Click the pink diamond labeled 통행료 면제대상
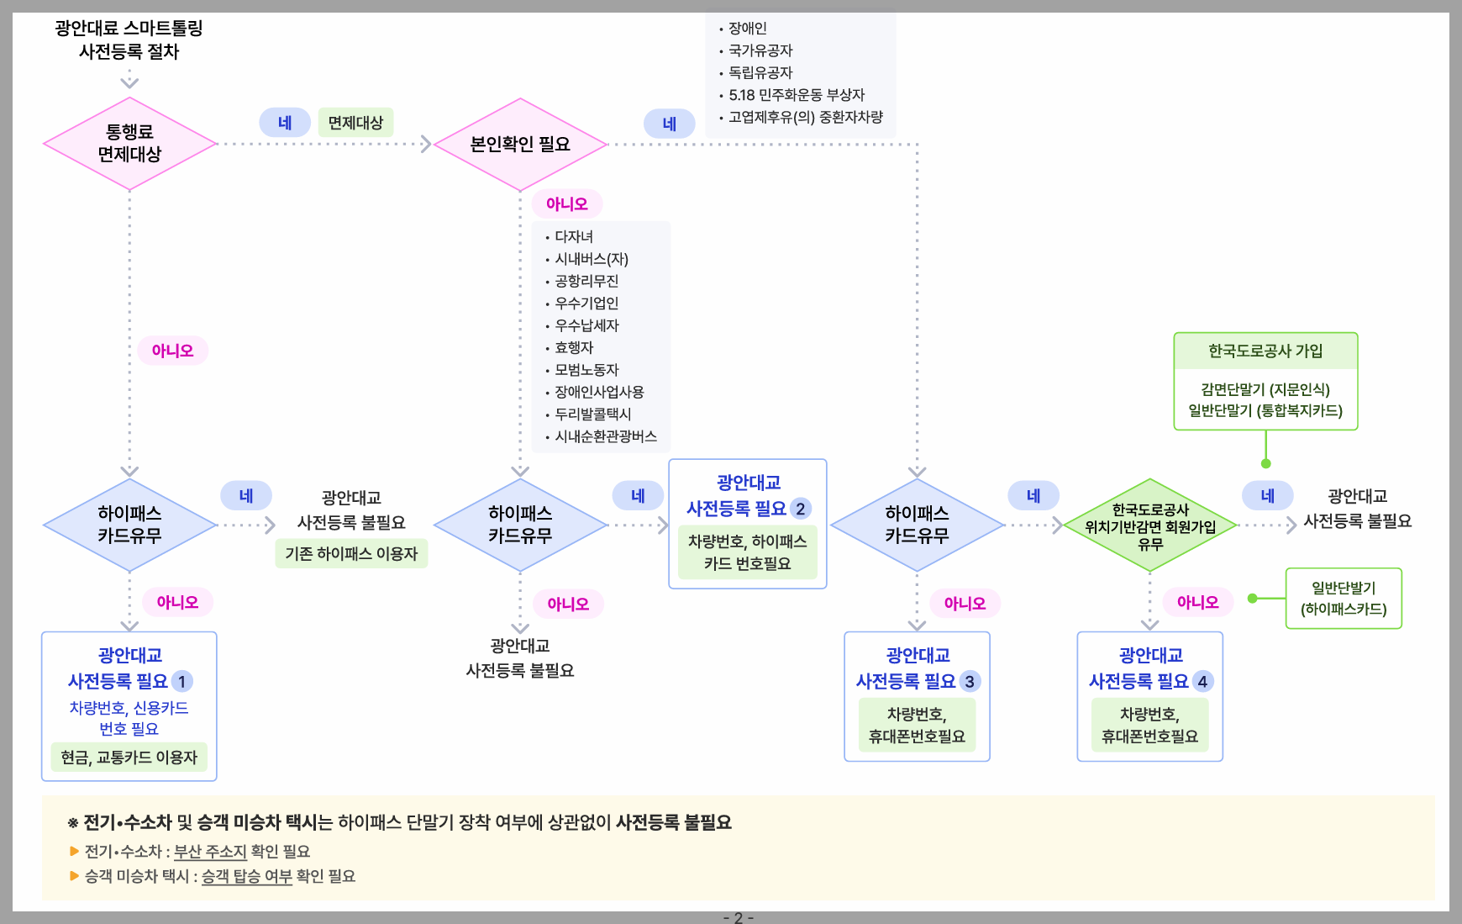pos(129,144)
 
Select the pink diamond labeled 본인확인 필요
pos(520,145)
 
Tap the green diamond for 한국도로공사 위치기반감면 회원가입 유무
pos(1150,526)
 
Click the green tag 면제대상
pos(355,123)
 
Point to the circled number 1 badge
pos(181,681)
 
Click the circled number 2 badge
pos(801,509)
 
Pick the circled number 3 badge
pos(970,681)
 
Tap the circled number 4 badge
pos(1202,681)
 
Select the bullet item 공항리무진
pos(586,281)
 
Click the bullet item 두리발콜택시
pos(592,414)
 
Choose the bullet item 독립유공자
pos(760,72)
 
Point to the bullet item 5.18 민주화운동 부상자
pos(796,95)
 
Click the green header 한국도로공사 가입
pos(1265,351)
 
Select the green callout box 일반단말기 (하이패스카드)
pos(1344,599)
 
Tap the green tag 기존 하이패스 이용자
pos(351,553)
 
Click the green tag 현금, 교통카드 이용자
pos(129,757)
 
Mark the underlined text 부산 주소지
pos(210,851)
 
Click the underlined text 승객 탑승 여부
pos(247,876)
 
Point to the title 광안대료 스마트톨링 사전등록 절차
pos(129,40)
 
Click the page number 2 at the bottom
pos(739,917)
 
